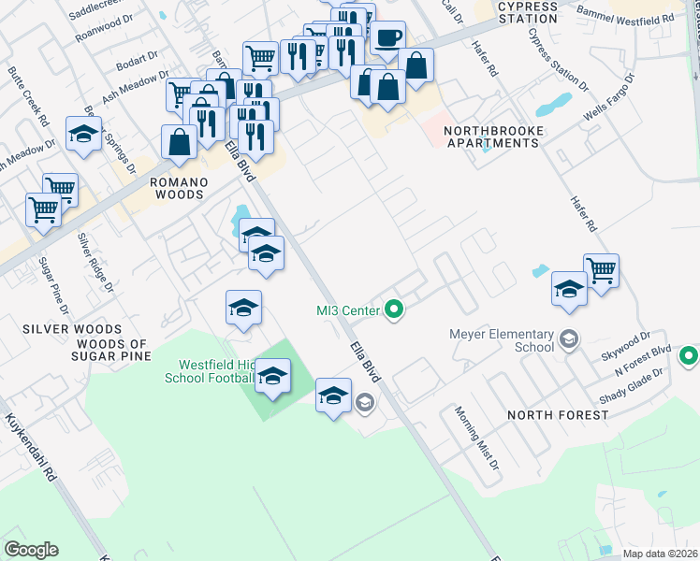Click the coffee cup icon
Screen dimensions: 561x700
tap(388, 38)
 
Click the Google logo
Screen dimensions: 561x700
tap(31, 550)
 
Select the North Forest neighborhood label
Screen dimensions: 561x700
tap(552, 414)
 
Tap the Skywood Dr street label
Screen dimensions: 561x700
tap(626, 342)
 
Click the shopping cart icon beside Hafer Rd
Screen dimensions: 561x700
tap(601, 271)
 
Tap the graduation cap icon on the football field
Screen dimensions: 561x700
tap(272, 376)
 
